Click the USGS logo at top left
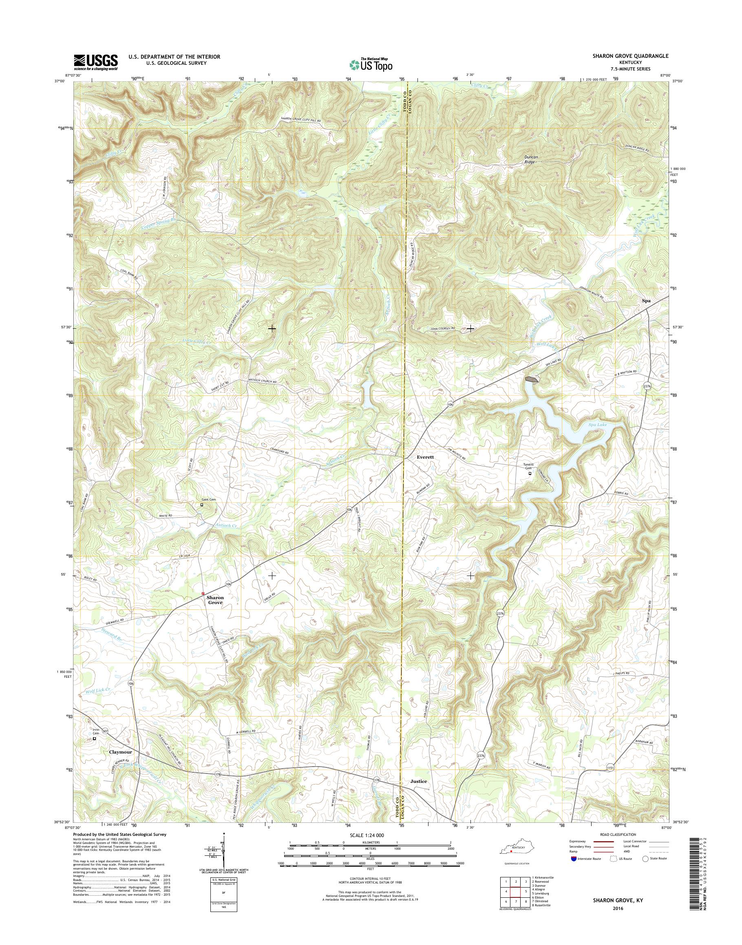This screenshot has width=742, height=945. [x=95, y=62]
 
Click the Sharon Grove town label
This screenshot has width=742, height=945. [x=214, y=600]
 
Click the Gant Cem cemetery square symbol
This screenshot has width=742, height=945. [x=201, y=505]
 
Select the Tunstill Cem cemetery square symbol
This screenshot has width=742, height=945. [x=530, y=474]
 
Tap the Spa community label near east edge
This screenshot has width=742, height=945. [x=647, y=300]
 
